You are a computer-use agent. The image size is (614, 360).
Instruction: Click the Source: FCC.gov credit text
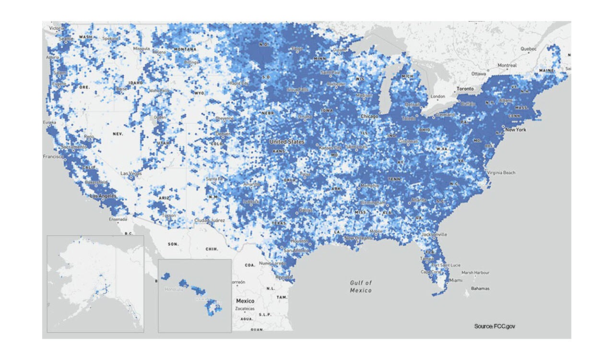pyautogui.click(x=495, y=326)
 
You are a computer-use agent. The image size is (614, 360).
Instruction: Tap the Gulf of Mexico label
pyautogui.click(x=361, y=287)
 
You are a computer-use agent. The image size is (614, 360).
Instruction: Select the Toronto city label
pyautogui.click(x=464, y=89)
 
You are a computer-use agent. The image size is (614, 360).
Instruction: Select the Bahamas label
pyautogui.click(x=480, y=288)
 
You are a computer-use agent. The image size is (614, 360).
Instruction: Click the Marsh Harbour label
pyautogui.click(x=475, y=273)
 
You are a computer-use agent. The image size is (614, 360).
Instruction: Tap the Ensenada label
pyautogui.click(x=118, y=219)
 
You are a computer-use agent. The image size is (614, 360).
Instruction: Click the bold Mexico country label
pyautogui.click(x=245, y=301)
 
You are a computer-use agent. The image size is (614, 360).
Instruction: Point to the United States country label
pyautogui.click(x=287, y=142)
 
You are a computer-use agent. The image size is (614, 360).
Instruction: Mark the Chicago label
pyautogui.click(x=370, y=116)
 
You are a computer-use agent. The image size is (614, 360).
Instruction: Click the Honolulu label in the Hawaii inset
pyautogui.click(x=174, y=289)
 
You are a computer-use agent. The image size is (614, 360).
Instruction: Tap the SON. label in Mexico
pyautogui.click(x=173, y=244)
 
